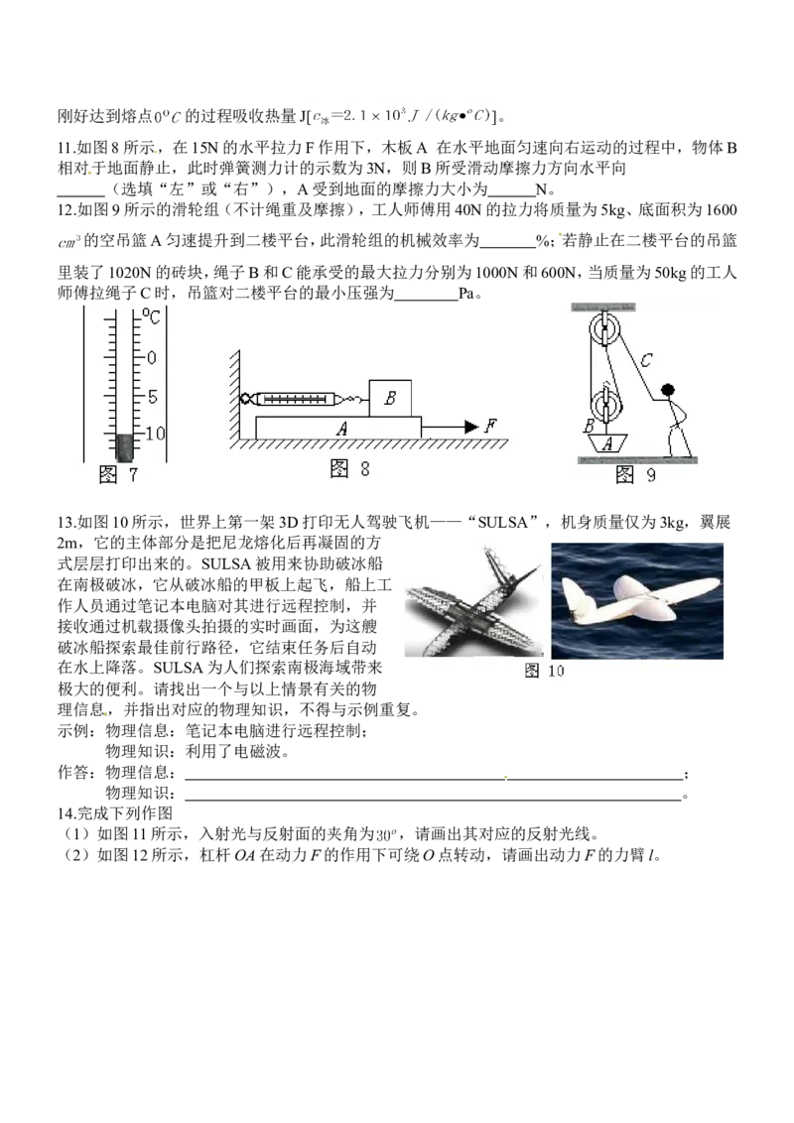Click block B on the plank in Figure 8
(391, 398)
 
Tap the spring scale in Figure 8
(295, 398)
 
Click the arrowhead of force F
(470, 427)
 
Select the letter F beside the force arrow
(490, 426)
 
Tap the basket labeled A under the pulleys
(607, 443)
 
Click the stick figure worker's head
(668, 390)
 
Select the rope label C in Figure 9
(647, 359)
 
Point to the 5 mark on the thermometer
(153, 396)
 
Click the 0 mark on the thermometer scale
(151, 357)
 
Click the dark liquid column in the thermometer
(125, 446)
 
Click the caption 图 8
(349, 469)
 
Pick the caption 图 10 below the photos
(545, 671)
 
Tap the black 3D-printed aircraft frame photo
(473, 600)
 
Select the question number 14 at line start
(65, 813)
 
